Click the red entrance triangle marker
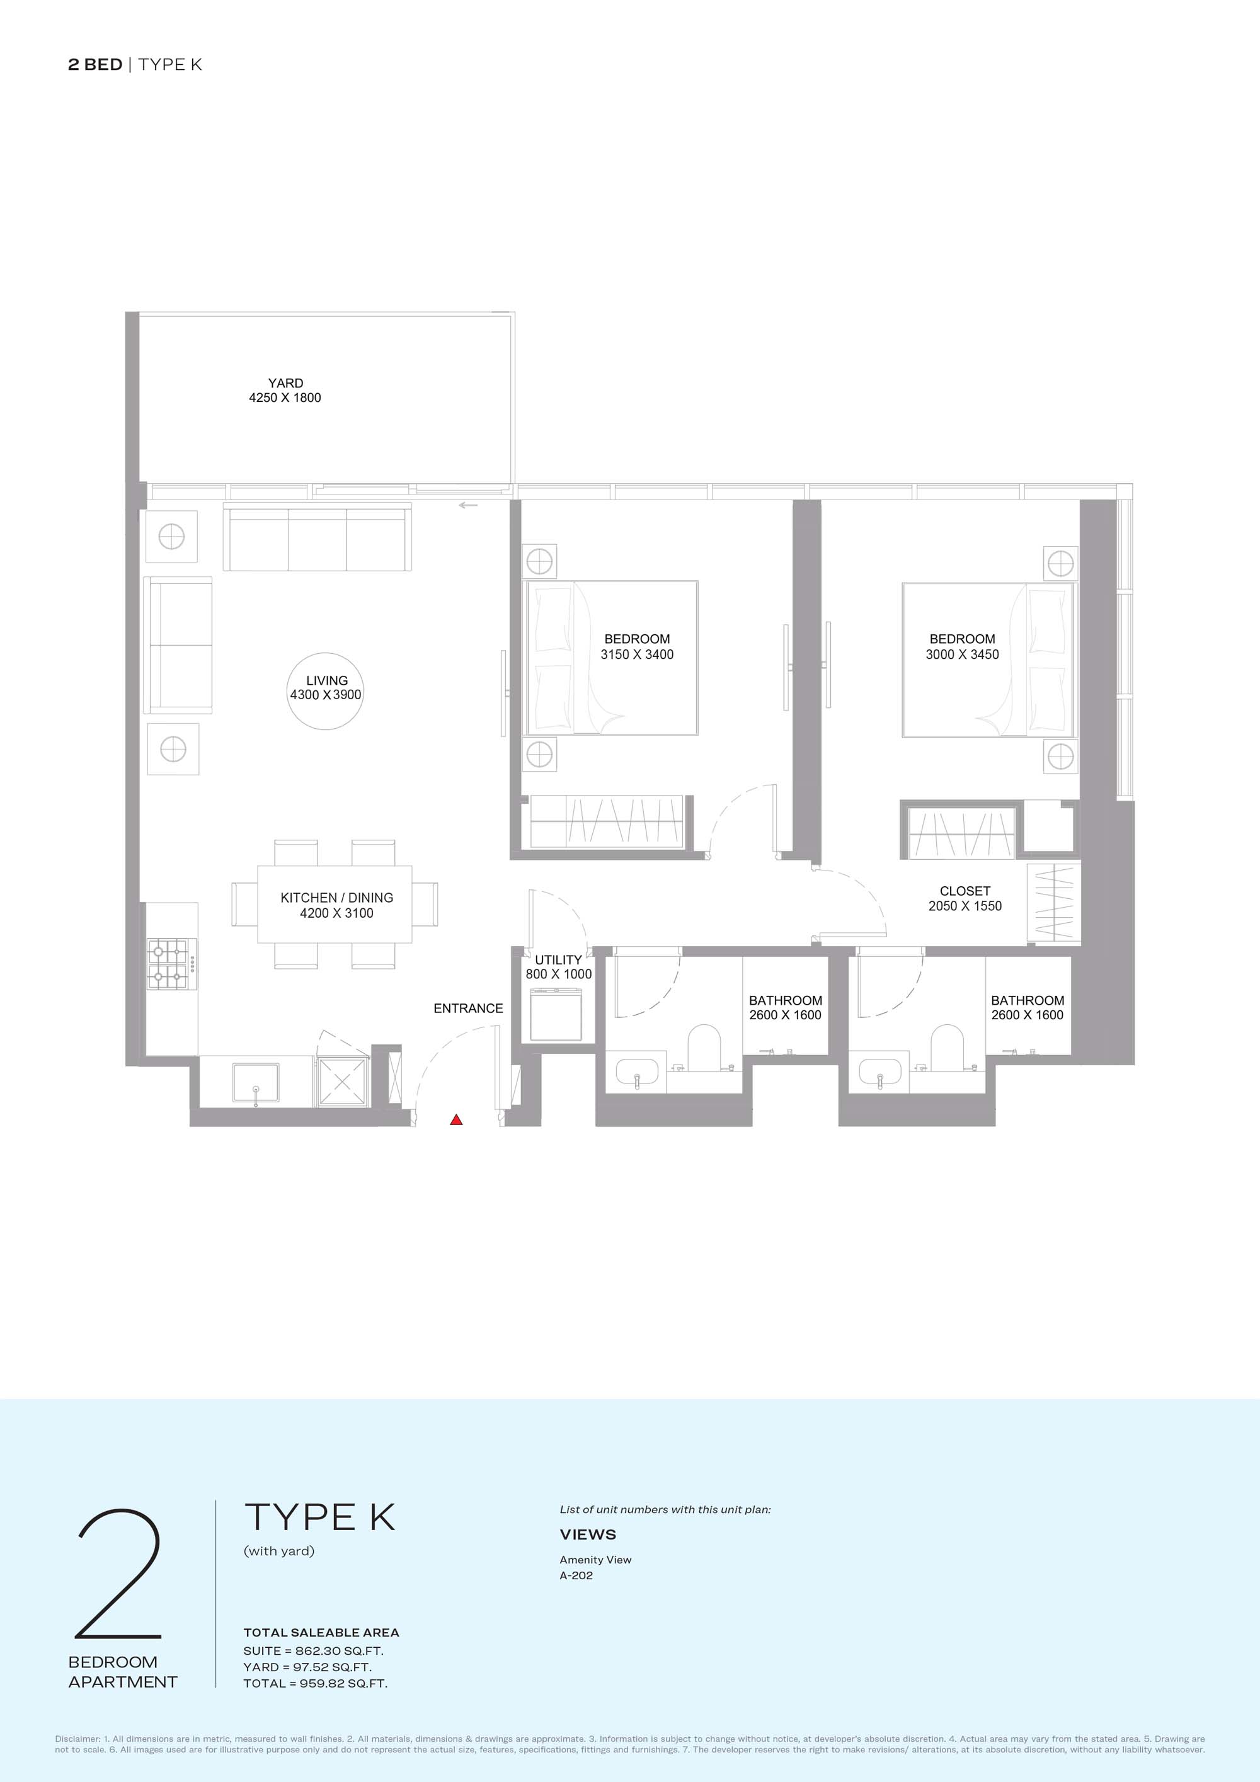pos(457,1119)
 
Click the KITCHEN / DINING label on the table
pos(337,897)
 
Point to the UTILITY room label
pos(558,960)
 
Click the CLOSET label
pos(965,891)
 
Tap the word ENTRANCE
pos(468,1008)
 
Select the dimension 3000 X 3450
pos(963,654)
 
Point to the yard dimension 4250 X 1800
pos(285,397)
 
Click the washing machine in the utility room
pos(556,1014)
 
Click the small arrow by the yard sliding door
pos(468,505)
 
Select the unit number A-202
pos(576,1575)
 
